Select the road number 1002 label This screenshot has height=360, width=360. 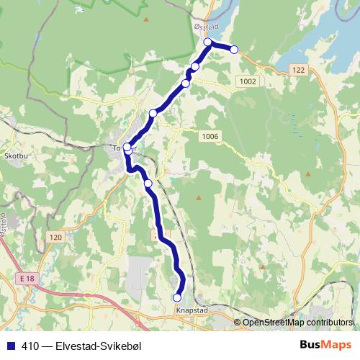pos(248,82)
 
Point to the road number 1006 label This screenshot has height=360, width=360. pos(210,137)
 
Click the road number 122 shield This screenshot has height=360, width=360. pos(300,68)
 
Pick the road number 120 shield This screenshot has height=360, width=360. pos(57,237)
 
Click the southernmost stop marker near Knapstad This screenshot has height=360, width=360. pos(177,297)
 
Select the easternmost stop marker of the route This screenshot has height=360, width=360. pos(234,49)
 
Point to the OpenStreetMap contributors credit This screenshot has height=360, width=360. pos(297,322)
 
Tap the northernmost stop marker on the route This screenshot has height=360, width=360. pos(208,42)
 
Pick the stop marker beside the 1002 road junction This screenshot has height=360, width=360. pos(186,84)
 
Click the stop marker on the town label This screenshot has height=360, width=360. pos(127,148)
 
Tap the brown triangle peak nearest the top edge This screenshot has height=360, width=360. pos(147,19)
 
